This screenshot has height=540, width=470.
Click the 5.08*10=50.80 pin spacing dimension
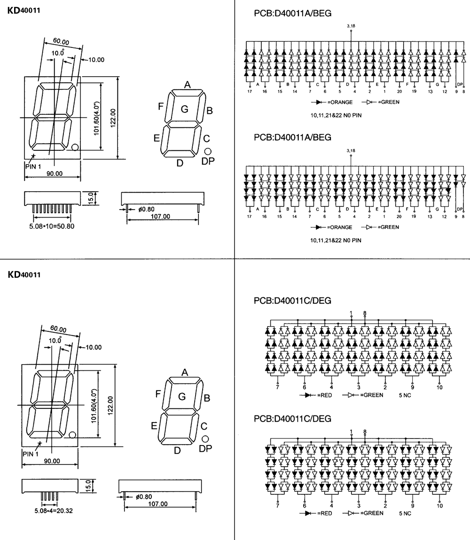[52, 226]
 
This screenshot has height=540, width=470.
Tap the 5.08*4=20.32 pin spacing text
[54, 511]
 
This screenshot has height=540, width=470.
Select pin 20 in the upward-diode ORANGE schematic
[399, 92]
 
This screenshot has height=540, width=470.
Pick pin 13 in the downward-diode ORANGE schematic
[430, 217]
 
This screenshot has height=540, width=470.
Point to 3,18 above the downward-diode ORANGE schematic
[351, 150]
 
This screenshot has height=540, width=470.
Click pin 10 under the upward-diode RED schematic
[440, 387]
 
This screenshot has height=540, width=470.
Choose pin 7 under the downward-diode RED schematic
[277, 506]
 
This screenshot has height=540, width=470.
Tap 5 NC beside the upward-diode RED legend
[405, 395]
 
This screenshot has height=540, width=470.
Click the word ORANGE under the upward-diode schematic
[341, 102]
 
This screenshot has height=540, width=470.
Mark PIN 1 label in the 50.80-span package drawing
[33, 167]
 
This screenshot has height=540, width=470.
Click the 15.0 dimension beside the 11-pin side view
[91, 198]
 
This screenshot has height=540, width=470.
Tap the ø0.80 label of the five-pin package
[144, 497]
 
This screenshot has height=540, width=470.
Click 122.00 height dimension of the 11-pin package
[113, 118]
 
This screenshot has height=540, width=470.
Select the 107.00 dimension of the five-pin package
[158, 504]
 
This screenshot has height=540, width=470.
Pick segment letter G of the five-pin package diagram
[182, 397]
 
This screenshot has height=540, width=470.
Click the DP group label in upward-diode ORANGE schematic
[460, 85]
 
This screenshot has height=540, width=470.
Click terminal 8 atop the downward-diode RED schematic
[365, 431]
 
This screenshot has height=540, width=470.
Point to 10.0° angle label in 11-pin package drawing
[58, 53]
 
